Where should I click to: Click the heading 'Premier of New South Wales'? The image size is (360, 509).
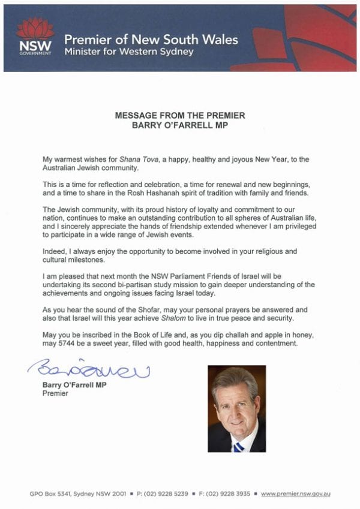pyautogui.click(x=151, y=40)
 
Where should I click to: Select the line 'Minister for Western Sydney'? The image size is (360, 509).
pyautogui.click(x=129, y=52)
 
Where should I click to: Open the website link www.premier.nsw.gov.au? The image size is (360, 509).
pyautogui.click(x=296, y=495)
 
